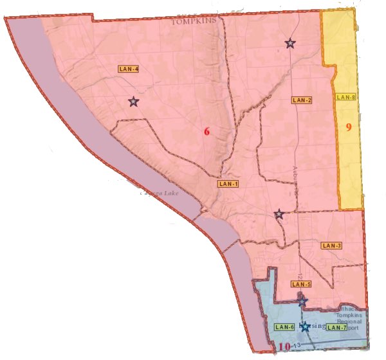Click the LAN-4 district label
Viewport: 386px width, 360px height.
tap(129, 68)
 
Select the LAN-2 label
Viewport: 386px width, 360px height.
tap(301, 100)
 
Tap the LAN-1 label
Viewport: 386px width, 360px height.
tap(228, 184)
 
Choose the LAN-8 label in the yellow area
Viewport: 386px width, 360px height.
tap(346, 97)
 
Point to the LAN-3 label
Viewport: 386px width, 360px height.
tap(331, 245)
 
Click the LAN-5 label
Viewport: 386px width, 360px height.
tap(301, 284)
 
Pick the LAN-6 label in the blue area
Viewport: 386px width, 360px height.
tap(284, 327)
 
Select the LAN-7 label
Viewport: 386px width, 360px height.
tap(336, 327)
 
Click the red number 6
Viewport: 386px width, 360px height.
tap(207, 132)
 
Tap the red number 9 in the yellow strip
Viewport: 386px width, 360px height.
tap(348, 127)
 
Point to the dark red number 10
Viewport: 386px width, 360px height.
tap(284, 348)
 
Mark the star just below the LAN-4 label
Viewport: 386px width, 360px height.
tap(133, 102)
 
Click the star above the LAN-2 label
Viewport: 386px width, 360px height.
tap(290, 44)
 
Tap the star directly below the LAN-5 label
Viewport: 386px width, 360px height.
tap(302, 301)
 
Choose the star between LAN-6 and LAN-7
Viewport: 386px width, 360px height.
tap(305, 327)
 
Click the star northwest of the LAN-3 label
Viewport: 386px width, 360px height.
tap(279, 214)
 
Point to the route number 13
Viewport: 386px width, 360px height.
tap(297, 346)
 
